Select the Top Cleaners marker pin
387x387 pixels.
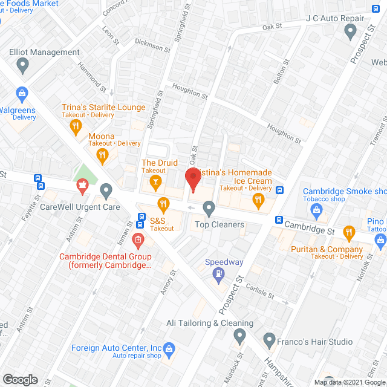209,209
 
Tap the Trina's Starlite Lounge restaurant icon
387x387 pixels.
76,126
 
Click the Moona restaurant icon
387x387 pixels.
103,155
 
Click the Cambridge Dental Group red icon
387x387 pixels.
138,241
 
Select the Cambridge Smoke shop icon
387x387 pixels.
316,209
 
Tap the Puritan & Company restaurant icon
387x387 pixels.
349,232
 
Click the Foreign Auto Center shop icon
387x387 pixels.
169,348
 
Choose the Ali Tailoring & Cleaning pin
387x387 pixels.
240,335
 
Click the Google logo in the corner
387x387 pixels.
20,379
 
